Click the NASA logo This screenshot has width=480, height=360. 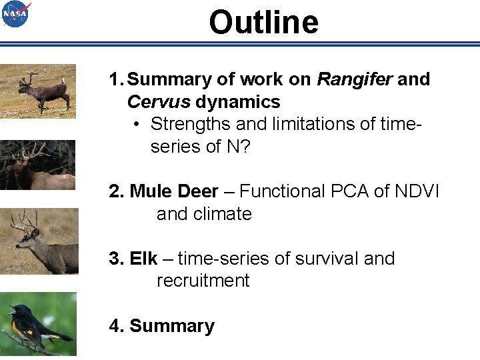coord(16,15)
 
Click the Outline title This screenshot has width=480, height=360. coord(263,22)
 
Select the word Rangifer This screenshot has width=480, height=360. coord(355,79)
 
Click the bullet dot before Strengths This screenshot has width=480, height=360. coord(135,125)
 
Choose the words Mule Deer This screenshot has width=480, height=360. coord(174,192)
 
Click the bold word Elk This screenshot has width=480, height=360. coord(143,259)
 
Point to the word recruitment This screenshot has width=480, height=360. coord(203,281)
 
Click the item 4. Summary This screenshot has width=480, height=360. coord(162,326)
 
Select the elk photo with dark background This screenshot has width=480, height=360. coord(38,165)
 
